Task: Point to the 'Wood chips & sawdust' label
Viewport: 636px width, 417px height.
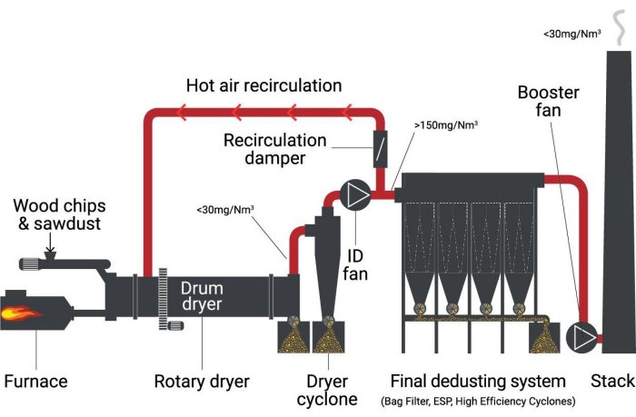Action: pyautogui.click(x=56, y=214)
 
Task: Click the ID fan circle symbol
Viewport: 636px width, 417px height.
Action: pyautogui.click(x=353, y=193)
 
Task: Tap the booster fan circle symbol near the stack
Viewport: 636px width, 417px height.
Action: pyautogui.click(x=581, y=336)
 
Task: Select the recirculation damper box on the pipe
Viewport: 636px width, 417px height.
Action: pyautogui.click(x=379, y=146)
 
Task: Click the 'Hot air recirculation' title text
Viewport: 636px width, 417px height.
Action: pyautogui.click(x=263, y=86)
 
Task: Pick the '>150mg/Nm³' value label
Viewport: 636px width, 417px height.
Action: pyautogui.click(x=446, y=125)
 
